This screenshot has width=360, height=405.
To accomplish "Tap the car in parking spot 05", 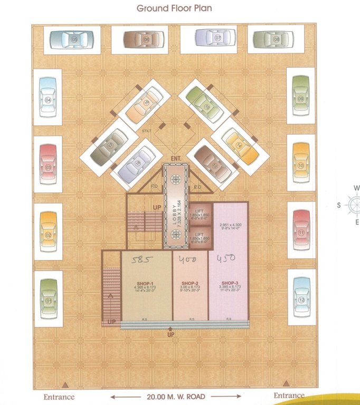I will [72, 40].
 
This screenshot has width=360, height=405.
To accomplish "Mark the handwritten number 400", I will [189, 259].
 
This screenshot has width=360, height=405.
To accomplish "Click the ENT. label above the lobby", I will [175, 158].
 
